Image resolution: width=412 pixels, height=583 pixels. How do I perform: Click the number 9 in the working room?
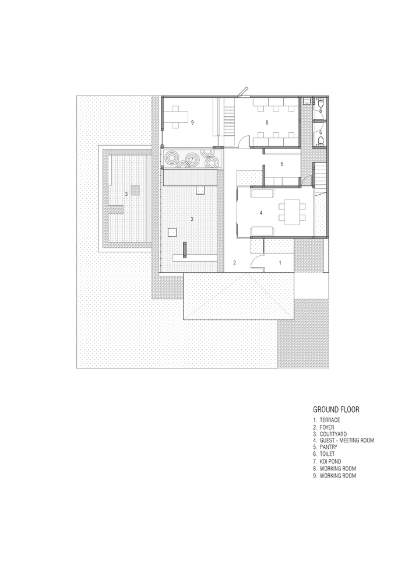tap(192, 122)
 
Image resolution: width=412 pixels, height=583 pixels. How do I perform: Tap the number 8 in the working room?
tap(266, 122)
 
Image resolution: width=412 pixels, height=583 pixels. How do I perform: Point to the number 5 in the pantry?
tap(281, 164)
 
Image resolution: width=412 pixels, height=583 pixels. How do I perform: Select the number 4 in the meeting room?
tap(260, 213)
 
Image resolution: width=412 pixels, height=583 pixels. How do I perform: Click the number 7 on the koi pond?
tap(192, 158)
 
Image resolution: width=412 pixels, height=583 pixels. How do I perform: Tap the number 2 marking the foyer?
tap(235, 263)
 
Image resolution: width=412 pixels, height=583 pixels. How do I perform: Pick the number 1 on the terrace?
tap(280, 263)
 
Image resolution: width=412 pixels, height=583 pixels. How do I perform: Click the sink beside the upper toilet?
tap(307, 102)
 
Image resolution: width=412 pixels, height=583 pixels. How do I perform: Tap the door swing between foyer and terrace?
tap(257, 261)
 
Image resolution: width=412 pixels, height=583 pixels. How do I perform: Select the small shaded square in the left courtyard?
tap(135, 189)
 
